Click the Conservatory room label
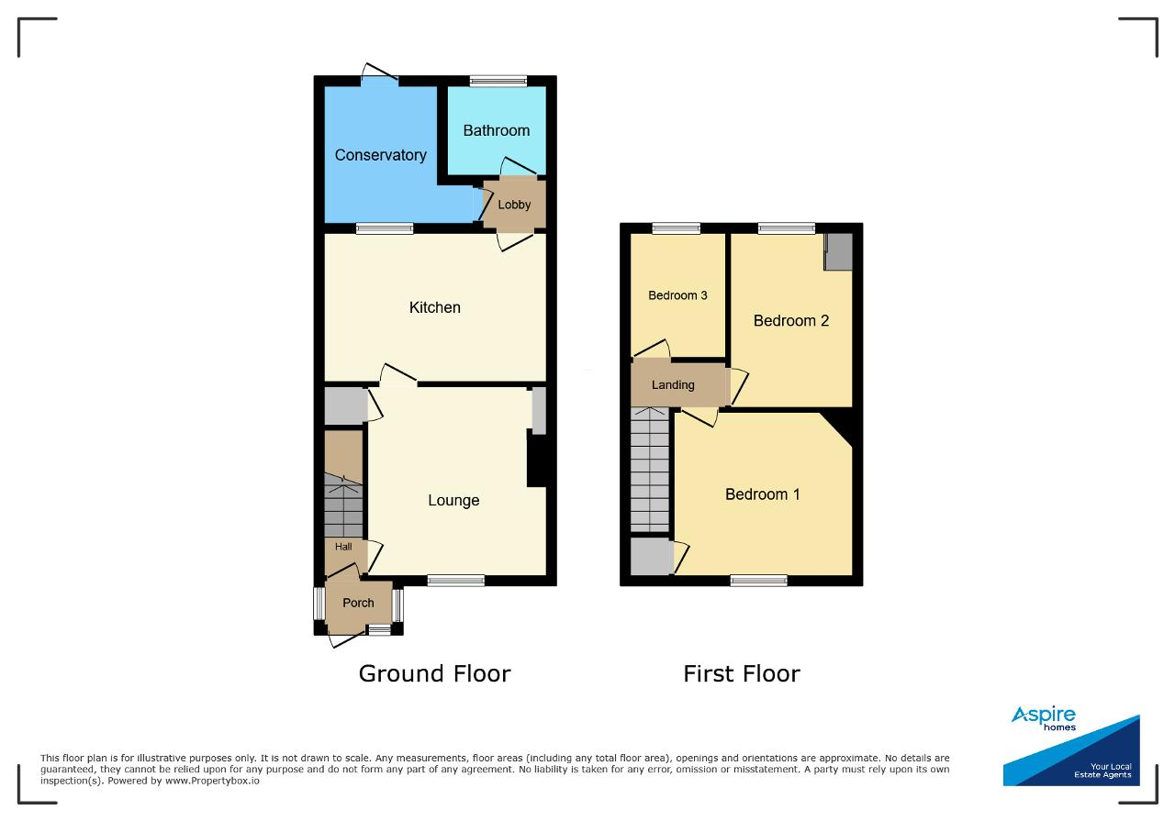pos(380,155)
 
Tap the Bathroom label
pos(497,130)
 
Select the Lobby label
pos(514,205)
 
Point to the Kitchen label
pos(435,307)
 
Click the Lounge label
pos(453,500)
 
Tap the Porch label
pos(358,603)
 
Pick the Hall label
pos(343,547)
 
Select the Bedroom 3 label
pos(677,295)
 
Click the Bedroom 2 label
pos(791,320)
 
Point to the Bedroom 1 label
pos(763,494)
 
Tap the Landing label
pos(673,384)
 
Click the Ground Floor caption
pos(434,673)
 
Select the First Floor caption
pos(742,673)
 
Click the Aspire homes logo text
pos(1044,718)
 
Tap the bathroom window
pos(498,81)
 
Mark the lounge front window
pos(456,580)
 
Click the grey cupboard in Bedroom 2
pos(838,251)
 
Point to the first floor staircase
pos(650,470)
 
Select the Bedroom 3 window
pos(677,228)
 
